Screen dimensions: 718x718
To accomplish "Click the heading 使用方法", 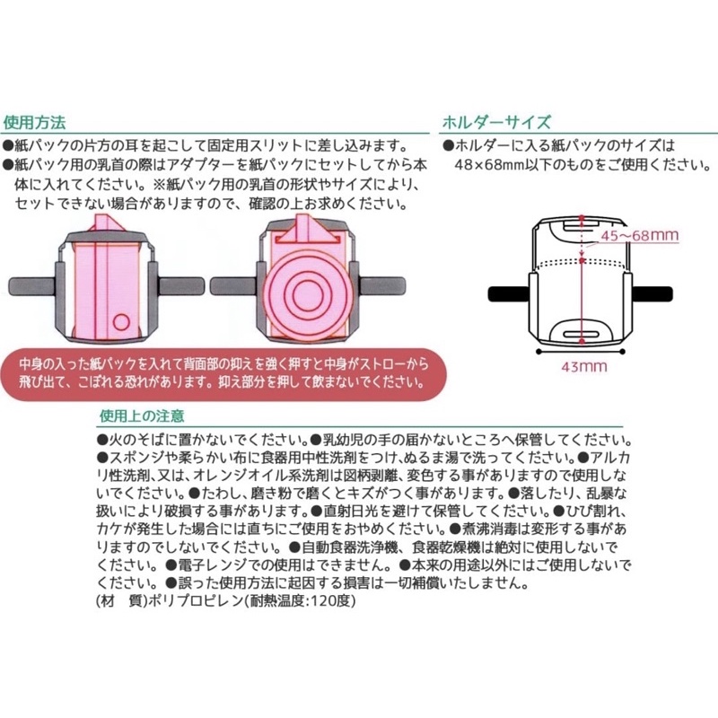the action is [x=34, y=122].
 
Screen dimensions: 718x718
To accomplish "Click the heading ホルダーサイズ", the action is [x=496, y=122].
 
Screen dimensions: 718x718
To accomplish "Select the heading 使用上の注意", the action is [x=142, y=416].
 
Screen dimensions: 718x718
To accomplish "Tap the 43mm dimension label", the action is [x=584, y=366].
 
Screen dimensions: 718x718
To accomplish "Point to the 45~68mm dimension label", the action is [x=640, y=235].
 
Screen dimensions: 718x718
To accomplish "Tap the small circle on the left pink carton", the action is [x=121, y=322].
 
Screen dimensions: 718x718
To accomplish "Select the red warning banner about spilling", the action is [x=223, y=373].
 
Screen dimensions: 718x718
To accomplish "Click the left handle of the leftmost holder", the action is [x=32, y=286].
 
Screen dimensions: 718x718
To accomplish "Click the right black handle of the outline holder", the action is [x=652, y=293].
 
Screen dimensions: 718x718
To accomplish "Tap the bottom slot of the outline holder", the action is [x=582, y=334].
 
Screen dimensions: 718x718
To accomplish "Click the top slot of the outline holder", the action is [x=582, y=226].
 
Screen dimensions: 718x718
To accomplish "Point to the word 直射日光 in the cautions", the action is [x=352, y=511].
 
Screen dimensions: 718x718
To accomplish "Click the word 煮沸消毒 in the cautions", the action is [x=490, y=529].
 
